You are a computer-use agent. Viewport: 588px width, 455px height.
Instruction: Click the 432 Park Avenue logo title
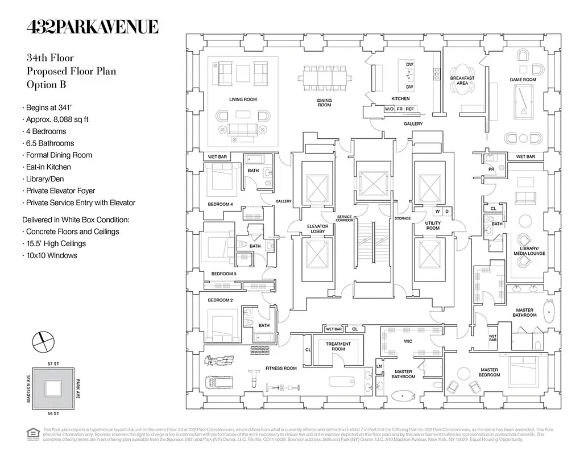coord(93,27)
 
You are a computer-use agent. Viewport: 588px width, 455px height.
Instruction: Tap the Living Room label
coord(243,100)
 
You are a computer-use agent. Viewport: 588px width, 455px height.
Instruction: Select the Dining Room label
coord(324,102)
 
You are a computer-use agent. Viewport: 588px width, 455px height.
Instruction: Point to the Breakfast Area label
coord(462,81)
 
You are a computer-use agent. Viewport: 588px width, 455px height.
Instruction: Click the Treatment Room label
coord(338,346)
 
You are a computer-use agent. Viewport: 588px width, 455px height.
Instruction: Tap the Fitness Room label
coord(281,369)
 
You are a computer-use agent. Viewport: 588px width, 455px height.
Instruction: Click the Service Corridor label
coord(345,219)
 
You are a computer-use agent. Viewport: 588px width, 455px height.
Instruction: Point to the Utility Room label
coord(433,226)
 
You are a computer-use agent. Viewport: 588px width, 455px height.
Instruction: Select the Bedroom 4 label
coord(220,204)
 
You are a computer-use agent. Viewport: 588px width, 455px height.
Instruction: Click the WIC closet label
coord(408,342)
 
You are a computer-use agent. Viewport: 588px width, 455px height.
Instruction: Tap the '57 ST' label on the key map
coord(54,363)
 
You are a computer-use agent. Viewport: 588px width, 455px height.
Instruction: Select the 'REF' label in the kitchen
coord(410,109)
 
